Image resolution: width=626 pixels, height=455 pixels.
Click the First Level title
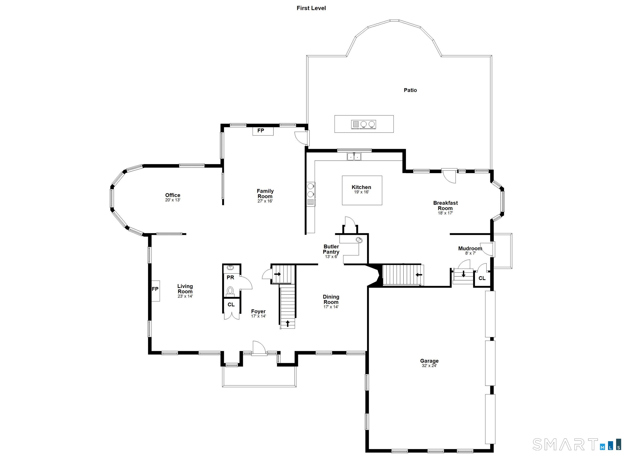[311, 8]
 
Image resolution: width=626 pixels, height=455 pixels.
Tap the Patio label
[410, 90]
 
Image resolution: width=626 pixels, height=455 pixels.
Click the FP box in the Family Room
[263, 131]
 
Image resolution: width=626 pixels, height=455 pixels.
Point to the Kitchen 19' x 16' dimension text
[361, 192]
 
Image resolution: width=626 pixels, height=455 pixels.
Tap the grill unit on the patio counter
[356, 124]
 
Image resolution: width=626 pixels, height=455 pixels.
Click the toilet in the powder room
[230, 291]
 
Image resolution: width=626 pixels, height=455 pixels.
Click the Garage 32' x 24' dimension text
[429, 366]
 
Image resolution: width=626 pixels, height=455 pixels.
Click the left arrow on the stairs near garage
[419, 275]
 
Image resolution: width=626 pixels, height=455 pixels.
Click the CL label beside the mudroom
[482, 278]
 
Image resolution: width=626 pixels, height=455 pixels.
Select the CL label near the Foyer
[231, 305]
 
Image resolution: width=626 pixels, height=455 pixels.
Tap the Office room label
[173, 195]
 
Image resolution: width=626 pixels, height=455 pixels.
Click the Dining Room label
[331, 299]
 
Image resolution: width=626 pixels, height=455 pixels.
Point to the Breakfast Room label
[445, 206]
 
